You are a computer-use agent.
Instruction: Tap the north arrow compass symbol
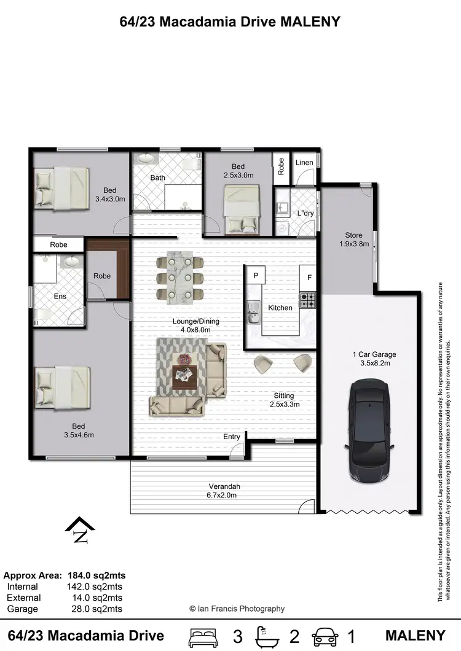click(x=80, y=530)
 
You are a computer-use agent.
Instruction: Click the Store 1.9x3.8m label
click(x=353, y=239)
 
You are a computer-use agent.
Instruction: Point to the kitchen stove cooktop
click(x=307, y=300)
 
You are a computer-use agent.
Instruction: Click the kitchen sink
click(x=253, y=311)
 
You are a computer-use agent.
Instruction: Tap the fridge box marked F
click(x=309, y=278)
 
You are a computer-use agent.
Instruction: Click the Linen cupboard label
click(x=304, y=163)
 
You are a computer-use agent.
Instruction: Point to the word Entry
click(x=232, y=437)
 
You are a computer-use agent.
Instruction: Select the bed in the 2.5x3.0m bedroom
click(x=237, y=209)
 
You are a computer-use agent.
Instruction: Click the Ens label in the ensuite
click(x=60, y=296)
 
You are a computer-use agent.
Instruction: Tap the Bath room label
click(x=158, y=178)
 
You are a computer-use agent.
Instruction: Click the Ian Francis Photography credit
click(x=237, y=609)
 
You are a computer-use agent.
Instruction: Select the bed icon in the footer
click(x=203, y=636)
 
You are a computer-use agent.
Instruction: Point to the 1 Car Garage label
click(x=374, y=359)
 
